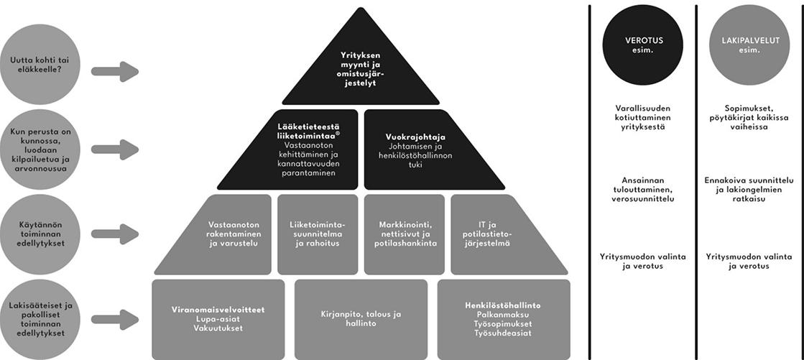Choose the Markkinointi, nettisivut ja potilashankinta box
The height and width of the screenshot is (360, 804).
tap(404, 234)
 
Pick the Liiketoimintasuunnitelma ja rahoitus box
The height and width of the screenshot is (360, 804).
tap(318, 234)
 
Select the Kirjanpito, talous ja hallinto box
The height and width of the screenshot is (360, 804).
tap(361, 319)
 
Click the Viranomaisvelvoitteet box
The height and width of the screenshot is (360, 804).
tap(218, 319)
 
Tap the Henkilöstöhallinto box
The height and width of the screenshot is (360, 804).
tap(503, 319)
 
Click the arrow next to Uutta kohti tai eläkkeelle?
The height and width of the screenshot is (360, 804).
tap(114, 71)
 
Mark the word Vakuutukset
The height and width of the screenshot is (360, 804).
tap(218, 328)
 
